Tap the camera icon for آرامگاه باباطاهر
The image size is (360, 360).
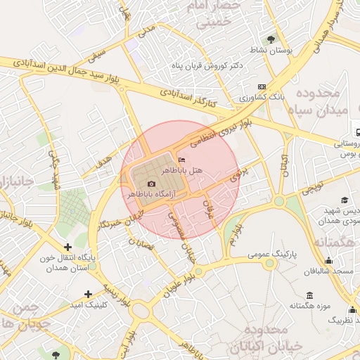pos(151,184)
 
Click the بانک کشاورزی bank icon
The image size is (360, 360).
pos(262,87)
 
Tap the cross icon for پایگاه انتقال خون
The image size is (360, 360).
pos(67,247)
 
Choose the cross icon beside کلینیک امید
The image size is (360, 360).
pos(88,294)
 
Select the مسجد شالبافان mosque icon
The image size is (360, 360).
pos(328,260)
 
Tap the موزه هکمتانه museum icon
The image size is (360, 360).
pos(310,295)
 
